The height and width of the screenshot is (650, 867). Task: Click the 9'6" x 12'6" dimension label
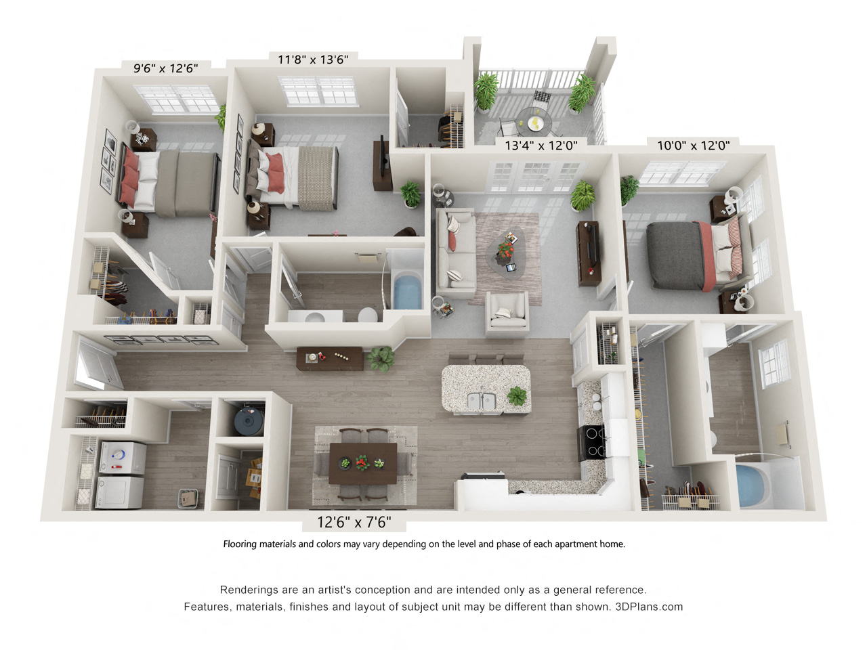[165, 68]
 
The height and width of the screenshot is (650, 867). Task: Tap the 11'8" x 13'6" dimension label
[313, 60]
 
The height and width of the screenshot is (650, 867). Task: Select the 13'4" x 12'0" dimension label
[541, 145]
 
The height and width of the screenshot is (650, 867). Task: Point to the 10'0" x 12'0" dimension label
[693, 145]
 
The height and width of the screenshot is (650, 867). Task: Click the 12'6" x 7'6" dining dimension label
[354, 522]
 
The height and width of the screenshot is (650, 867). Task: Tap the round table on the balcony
[535, 123]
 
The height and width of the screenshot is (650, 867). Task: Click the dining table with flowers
[362, 463]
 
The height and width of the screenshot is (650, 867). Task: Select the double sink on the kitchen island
[482, 402]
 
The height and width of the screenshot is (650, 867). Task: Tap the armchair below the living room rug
[507, 313]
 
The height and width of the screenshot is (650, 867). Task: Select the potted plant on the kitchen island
[517, 395]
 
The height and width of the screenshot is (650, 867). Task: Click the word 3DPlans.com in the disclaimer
[649, 607]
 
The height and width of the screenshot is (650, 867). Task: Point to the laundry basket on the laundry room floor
[190, 498]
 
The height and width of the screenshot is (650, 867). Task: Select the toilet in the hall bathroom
[368, 316]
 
